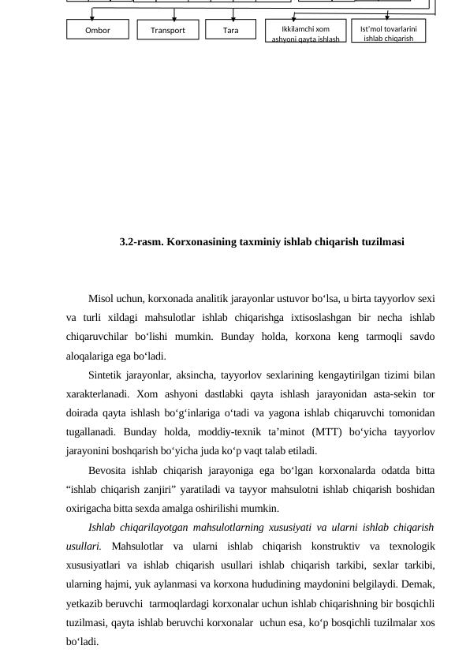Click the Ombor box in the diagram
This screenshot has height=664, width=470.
(x=98, y=30)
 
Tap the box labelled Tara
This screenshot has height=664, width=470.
(x=230, y=30)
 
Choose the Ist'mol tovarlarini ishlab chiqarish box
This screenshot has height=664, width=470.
(x=388, y=32)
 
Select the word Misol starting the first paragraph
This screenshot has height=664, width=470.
(x=101, y=299)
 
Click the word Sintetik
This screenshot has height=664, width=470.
(x=105, y=375)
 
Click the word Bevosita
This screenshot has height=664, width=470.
(x=108, y=470)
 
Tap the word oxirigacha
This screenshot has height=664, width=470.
(x=89, y=508)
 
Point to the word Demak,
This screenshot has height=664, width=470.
(x=417, y=584)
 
